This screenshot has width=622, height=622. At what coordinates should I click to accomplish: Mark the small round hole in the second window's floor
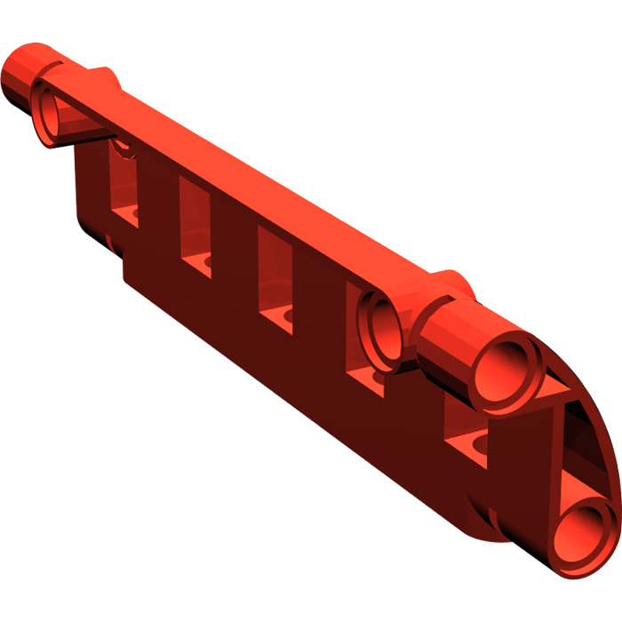coord(205,262)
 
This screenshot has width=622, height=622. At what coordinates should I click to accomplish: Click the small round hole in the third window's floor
coord(285,315)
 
